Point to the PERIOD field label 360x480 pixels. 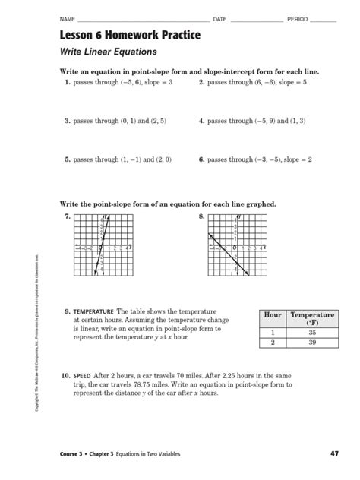[x=297, y=17]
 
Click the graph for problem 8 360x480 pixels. [x=236, y=247]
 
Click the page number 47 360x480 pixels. [x=335, y=454]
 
